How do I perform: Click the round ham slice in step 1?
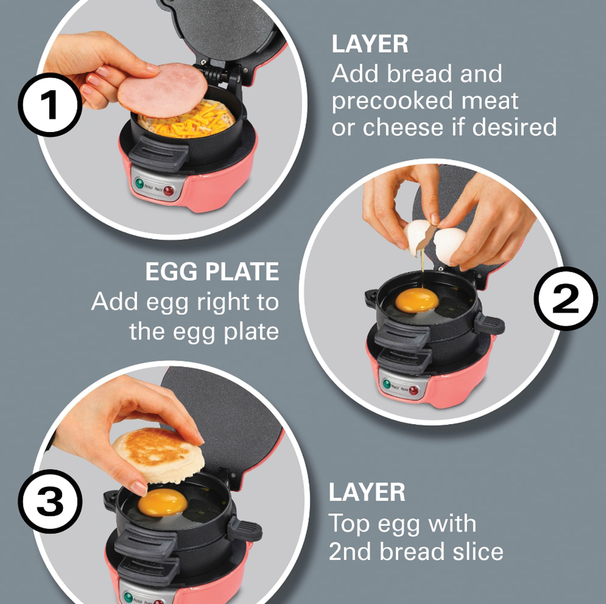click(162, 90)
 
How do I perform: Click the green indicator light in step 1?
click(139, 183)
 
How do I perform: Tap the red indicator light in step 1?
click(168, 191)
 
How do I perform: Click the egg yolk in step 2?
click(417, 300)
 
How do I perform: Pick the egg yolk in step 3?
click(162, 503)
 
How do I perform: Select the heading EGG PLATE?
click(212, 272)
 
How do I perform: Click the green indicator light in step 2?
click(386, 384)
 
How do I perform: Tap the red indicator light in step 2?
click(414, 390)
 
